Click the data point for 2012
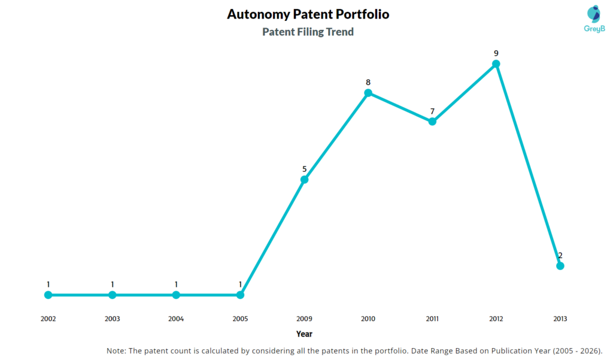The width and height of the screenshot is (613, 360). tap(496, 63)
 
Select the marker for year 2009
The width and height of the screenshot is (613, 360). tap(304, 179)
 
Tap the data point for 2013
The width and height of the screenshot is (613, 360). tap(560, 266)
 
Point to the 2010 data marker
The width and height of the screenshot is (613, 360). tap(368, 92)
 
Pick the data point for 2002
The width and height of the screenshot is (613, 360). tap(48, 295)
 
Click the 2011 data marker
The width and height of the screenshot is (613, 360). tap(432, 122)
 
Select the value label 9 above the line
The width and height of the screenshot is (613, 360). tap(496, 53)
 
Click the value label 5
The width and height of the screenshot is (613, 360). tap(304, 169)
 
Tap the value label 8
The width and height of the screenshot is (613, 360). tap(368, 82)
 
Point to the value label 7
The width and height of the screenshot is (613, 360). tap(432, 111)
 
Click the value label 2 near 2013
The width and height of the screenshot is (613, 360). tap(560, 256)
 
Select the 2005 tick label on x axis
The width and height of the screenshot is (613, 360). tap(240, 319)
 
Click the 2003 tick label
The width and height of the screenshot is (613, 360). tap(112, 319)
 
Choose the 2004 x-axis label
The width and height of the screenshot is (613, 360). tap(176, 319)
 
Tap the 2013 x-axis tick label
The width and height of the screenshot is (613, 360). tap(560, 319)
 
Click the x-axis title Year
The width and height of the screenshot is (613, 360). tap(304, 334)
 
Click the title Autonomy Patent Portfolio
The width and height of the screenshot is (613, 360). tap(308, 14)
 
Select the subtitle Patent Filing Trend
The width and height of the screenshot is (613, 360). tap(308, 32)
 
